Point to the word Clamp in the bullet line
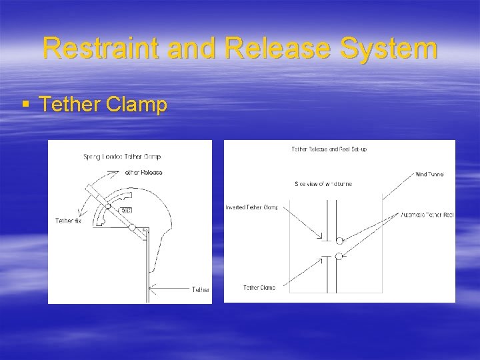pos(136,105)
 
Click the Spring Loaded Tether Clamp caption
pos(122,157)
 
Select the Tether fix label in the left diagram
pos(69,220)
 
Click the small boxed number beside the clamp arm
pos(125,211)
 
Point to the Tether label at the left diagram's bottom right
pos(201,289)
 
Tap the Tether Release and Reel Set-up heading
pos(329,149)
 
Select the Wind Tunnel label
pos(429,174)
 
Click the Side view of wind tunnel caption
pos(323,183)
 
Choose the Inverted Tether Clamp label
pos(251,207)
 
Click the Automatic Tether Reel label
pos(427,214)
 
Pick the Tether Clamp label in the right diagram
pos(259,287)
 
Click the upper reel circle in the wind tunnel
pos(339,241)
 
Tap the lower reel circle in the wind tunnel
pos(339,255)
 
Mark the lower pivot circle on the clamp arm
pos(132,227)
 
